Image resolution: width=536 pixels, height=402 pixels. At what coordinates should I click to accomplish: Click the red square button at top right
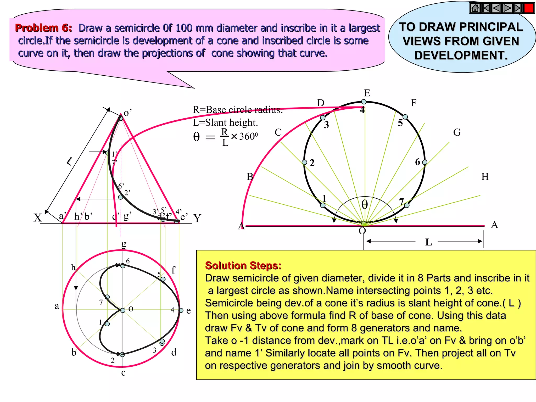529,8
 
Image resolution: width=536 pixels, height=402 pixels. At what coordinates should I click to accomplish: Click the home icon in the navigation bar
475,8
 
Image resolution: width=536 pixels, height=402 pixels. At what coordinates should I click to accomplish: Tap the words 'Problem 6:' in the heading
43,28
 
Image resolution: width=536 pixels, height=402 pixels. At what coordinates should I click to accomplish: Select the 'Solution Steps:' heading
243,265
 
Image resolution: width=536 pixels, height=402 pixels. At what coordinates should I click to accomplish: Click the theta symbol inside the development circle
364,204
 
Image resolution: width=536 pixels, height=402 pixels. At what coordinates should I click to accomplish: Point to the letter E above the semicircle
367,93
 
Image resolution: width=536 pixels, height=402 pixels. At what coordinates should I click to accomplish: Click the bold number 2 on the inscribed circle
312,163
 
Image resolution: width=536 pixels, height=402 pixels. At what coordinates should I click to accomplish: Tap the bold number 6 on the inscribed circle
417,162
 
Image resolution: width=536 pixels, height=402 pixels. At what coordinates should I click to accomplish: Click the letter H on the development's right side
485,177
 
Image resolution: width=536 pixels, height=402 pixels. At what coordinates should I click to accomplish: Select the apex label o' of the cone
128,113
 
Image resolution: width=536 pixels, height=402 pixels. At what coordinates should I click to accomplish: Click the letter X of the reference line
37,218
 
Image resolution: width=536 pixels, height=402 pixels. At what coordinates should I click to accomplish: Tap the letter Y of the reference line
197,218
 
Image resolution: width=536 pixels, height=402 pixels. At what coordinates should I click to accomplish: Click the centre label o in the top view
131,309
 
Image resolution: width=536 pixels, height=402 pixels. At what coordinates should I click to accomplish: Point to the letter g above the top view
124,244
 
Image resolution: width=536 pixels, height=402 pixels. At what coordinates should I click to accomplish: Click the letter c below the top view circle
123,372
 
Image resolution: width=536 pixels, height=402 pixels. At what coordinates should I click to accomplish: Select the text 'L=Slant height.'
225,122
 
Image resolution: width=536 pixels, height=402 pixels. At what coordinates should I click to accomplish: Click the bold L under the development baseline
428,242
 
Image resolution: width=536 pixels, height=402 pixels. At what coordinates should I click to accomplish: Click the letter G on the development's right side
457,132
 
